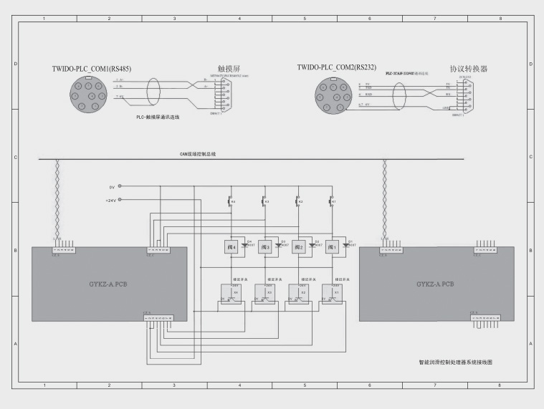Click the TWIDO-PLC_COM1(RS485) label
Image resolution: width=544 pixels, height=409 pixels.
91,69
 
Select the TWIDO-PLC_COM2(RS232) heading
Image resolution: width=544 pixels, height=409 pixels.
336,67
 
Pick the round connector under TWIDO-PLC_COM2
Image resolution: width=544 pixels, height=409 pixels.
335,96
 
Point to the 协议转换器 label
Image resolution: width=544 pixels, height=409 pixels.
468,69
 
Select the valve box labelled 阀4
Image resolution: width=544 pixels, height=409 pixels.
230,247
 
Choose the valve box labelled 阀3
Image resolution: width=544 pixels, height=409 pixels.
264,247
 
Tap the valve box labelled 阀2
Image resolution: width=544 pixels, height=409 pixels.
298,247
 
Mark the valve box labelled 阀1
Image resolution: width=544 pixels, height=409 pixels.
332,247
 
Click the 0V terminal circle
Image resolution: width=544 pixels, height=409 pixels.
120,187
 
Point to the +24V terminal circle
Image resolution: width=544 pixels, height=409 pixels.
120,200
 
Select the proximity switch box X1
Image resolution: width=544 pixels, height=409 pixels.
332,294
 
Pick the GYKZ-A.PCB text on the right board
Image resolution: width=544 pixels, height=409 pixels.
436,284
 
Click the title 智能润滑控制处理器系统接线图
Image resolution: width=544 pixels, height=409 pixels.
457,362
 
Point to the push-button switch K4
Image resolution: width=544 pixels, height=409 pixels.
229,202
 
